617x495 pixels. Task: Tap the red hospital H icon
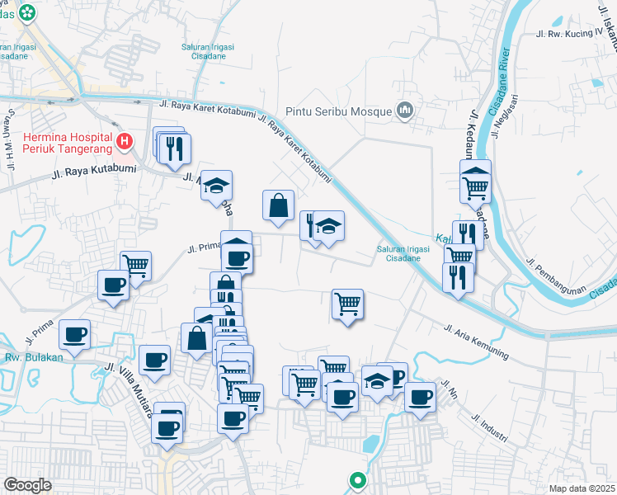(125, 142)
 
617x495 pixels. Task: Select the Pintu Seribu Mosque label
(339, 111)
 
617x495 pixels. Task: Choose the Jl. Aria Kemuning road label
(477, 341)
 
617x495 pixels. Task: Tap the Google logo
(28, 484)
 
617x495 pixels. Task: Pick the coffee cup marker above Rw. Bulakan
(74, 334)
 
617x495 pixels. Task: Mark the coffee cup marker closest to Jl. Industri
(421, 396)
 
